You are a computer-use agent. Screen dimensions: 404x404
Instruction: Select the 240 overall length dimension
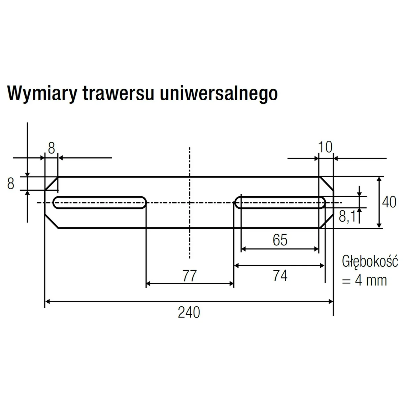tap(189, 312)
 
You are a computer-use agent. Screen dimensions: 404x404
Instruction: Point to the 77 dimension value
tap(190, 276)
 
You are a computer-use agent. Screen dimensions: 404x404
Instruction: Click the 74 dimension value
tap(280, 276)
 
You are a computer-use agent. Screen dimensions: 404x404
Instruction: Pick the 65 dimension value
tap(280, 240)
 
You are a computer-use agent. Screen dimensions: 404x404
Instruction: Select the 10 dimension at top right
tap(325, 147)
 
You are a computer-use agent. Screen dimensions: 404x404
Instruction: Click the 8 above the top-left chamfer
tap(51, 148)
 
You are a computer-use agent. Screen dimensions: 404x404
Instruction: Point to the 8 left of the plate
tap(11, 184)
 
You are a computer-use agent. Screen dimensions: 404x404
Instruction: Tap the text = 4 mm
tap(364, 280)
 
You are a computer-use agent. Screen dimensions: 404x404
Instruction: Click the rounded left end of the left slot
tap(55, 203)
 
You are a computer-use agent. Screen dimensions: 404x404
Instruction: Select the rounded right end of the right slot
tap(323, 203)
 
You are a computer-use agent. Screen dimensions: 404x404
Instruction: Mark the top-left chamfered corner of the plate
tap(52, 183)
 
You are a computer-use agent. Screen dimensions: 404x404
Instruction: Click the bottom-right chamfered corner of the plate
tap(326, 221)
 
